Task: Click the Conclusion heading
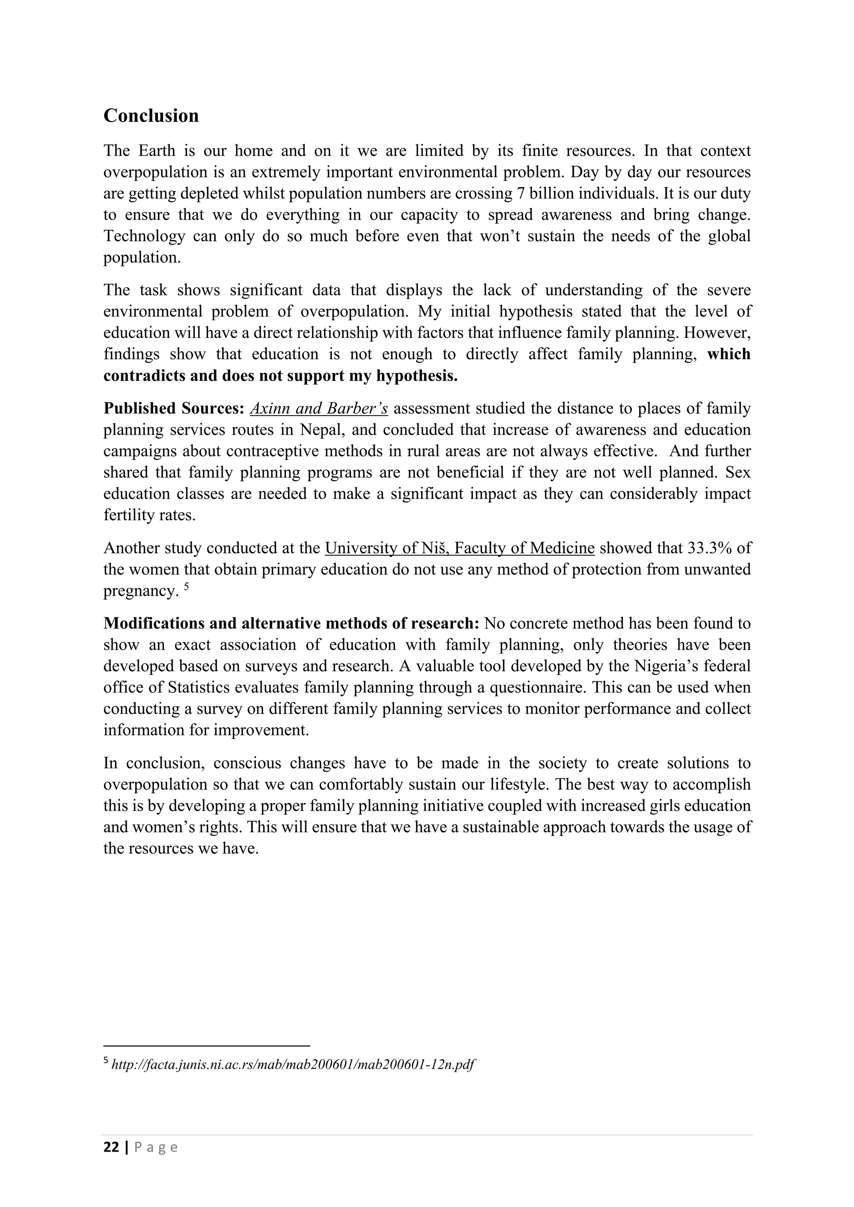pyautogui.click(x=151, y=116)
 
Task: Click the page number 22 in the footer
pyautogui.click(x=111, y=1147)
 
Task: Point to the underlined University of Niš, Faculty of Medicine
pyautogui.click(x=460, y=548)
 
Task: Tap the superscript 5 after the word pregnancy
pyautogui.click(x=186, y=586)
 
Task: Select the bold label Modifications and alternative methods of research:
pyautogui.click(x=291, y=623)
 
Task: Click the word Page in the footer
pyautogui.click(x=156, y=1147)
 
